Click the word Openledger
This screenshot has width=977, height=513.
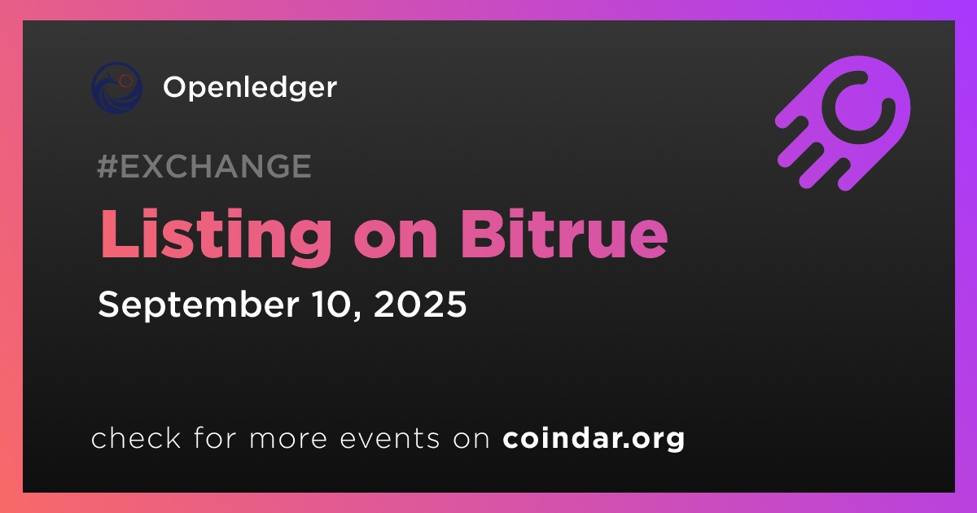249,88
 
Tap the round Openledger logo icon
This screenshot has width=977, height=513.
117,88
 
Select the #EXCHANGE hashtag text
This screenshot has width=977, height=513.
204,166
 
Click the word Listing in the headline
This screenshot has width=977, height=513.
216,236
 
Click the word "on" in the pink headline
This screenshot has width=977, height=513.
396,241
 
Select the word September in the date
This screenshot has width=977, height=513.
199,306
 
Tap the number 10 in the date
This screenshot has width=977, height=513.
336,304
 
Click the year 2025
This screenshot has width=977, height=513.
420,304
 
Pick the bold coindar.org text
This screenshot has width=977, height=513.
594,439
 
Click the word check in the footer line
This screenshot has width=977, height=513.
136,437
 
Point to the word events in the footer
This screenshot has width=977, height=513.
389,438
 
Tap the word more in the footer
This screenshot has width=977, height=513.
288,439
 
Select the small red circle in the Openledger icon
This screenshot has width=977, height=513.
125,81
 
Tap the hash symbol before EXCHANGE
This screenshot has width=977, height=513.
107,166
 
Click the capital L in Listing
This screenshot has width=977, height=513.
120,234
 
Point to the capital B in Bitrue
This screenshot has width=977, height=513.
483,234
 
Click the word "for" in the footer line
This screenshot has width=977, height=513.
215,437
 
